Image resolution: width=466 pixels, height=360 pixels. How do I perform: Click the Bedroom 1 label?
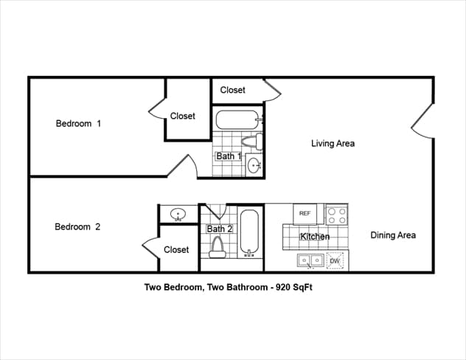click(78, 123)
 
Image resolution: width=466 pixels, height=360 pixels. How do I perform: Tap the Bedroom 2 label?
click(77, 226)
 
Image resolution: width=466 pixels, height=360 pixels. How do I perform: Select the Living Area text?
click(333, 143)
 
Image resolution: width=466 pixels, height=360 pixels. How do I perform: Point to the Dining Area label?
click(392, 235)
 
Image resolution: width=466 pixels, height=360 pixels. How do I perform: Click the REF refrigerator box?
click(305, 214)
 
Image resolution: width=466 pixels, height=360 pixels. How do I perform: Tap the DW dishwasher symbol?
click(335, 260)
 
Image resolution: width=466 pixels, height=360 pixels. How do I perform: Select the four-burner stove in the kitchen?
click(337, 215)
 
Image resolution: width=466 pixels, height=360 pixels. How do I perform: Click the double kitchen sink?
click(310, 260)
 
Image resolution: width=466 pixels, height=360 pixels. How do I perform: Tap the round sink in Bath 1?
click(254, 166)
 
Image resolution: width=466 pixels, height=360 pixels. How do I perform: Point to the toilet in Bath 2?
click(217, 250)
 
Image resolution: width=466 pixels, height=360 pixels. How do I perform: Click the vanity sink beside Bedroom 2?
click(178, 215)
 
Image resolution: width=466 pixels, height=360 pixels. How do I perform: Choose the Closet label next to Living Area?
click(232, 90)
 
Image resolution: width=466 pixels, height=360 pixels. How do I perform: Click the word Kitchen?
click(315, 237)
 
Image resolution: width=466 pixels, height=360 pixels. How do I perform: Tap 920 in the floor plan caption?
click(281, 288)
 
